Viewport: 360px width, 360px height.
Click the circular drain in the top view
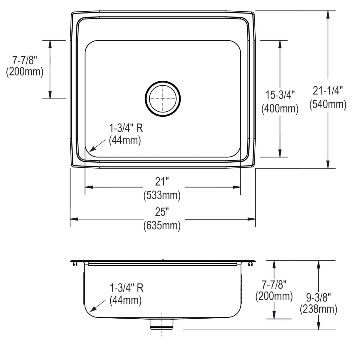click(163, 99)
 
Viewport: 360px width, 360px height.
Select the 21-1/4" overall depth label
click(328, 90)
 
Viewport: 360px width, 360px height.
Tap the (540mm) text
click(328, 104)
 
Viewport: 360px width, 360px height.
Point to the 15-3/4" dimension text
click(280, 95)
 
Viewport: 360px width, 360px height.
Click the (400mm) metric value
click(280, 109)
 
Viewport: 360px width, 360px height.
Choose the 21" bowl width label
click(162, 181)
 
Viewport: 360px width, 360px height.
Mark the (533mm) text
click(162, 195)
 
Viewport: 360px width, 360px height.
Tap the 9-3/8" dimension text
click(318, 297)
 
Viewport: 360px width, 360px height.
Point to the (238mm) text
click(318, 309)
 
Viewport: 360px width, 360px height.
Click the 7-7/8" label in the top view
click(25, 60)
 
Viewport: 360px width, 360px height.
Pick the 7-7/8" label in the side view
click(274, 283)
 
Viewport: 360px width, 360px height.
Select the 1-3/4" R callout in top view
click(126, 128)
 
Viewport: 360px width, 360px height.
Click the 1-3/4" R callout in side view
click(126, 288)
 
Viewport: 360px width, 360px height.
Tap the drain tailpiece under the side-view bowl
click(162, 324)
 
